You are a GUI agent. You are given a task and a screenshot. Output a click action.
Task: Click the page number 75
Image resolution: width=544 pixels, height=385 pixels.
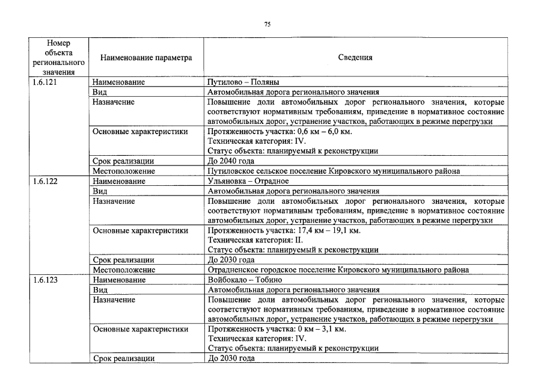pyautogui.click(x=268, y=24)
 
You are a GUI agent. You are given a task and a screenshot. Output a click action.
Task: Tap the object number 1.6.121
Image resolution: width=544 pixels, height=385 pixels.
pyautogui.click(x=46, y=82)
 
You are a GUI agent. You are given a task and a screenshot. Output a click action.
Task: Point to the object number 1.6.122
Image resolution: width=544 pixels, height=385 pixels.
pyautogui.click(x=46, y=180)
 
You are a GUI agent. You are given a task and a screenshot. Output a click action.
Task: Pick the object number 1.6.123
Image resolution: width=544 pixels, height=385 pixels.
pyautogui.click(x=46, y=280)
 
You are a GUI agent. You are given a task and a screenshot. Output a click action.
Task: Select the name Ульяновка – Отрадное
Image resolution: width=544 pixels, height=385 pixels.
pyautogui.click(x=248, y=180)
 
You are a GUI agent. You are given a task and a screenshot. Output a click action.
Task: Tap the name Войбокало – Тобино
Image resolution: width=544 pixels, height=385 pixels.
pyautogui.click(x=243, y=280)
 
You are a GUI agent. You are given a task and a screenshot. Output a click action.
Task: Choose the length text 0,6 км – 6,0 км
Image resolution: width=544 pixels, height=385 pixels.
pyautogui.click(x=317, y=132)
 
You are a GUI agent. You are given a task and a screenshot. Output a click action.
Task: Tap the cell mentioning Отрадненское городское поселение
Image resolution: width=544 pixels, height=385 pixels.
pyautogui.click(x=338, y=270)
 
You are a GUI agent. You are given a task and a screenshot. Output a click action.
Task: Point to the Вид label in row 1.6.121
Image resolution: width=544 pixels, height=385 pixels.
pyautogui.click(x=99, y=92)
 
